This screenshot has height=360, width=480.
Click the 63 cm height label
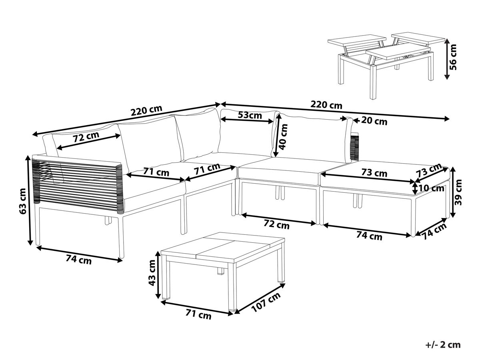coord(22,201)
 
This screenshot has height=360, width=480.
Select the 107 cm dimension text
coord(266,302)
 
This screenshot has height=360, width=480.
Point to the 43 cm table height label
coord(151,272)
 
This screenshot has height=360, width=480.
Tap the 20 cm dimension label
coord(374,121)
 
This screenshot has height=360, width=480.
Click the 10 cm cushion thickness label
coord(431,188)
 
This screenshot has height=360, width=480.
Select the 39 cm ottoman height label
coord(458,192)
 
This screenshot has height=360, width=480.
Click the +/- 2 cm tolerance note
coord(443,345)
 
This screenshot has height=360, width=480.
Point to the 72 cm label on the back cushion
coord(86,137)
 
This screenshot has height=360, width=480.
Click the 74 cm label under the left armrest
coord(78,260)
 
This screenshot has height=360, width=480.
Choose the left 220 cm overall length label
coord(146,111)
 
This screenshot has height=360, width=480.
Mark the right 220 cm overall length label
coord(326,105)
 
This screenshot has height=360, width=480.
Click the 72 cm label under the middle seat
coord(276,224)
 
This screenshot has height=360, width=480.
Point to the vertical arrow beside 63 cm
coord(30,200)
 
